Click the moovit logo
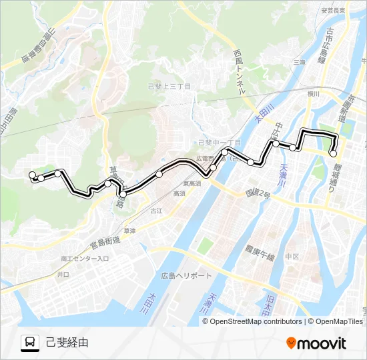(x=316, y=343)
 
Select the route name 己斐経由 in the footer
(x=67, y=343)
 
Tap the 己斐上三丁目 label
(x=169, y=86)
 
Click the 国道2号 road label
(x=257, y=193)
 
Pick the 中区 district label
(x=292, y=256)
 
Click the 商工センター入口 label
(x=84, y=258)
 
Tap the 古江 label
(x=156, y=210)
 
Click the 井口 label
(x=63, y=274)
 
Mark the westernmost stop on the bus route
(x=32, y=175)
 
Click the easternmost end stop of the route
(x=334, y=154)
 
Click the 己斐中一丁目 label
(x=220, y=142)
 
